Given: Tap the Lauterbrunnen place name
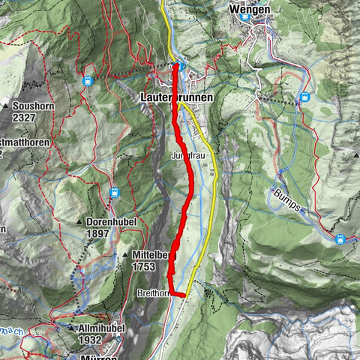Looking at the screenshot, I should (x=177, y=97).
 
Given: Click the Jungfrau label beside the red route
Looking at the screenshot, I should (x=187, y=155).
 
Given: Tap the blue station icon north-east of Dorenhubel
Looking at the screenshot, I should (x=114, y=193).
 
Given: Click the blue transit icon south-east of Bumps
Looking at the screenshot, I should (x=340, y=239).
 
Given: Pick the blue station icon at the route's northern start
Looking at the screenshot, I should (x=180, y=66).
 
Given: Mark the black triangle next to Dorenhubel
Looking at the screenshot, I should (x=79, y=223).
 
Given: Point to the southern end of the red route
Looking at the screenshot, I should (x=182, y=295).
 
